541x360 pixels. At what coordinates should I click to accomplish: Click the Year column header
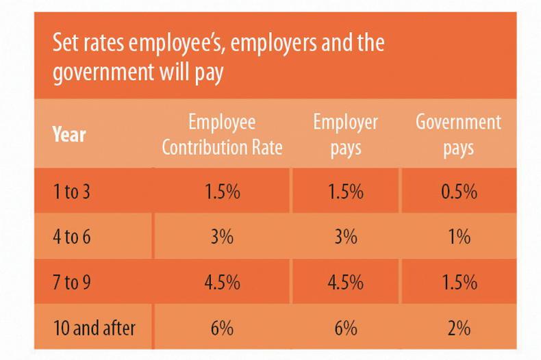click(x=69, y=135)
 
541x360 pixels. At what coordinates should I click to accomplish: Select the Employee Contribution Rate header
click(x=222, y=135)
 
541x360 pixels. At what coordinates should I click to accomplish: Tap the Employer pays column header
click(x=345, y=135)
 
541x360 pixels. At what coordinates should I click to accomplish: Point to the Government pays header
click(x=458, y=135)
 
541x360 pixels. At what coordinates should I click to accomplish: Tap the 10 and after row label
click(x=94, y=328)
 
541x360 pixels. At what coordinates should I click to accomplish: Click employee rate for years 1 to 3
click(x=222, y=192)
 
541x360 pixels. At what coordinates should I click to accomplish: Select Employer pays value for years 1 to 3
click(x=345, y=192)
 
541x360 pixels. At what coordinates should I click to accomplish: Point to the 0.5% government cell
click(x=458, y=192)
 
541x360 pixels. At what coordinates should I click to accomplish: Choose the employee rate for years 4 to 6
click(x=222, y=237)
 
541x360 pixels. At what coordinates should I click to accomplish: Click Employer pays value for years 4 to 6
click(x=345, y=237)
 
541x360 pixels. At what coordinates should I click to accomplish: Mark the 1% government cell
click(x=458, y=237)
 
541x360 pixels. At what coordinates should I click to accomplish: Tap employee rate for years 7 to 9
click(x=222, y=283)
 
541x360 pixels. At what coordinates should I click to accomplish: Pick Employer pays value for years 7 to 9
click(x=345, y=283)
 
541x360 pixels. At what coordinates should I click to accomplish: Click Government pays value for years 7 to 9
click(x=458, y=283)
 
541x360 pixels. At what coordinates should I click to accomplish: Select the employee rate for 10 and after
click(x=222, y=328)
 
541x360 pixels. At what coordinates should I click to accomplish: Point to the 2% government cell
click(x=458, y=328)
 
